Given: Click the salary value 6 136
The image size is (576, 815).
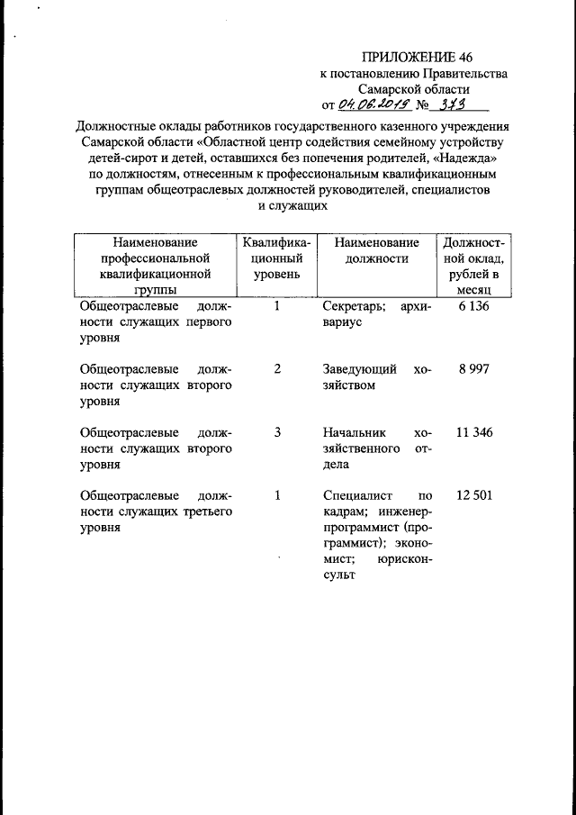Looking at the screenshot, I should point(473,307).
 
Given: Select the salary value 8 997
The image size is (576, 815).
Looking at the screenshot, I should point(473,369).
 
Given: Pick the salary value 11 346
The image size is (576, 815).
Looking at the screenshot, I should point(473,432).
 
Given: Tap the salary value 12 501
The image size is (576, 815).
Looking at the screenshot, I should point(473,495).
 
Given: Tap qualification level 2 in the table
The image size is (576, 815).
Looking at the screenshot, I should point(277,369).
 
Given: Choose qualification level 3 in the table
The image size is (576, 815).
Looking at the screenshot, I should point(277,432).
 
